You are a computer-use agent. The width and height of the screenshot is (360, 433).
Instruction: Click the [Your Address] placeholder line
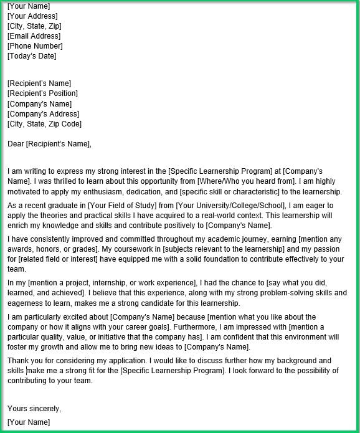coord(32,16)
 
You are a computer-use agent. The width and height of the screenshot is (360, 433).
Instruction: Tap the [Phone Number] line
coord(35,46)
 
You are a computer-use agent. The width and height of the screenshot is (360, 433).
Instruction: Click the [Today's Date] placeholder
coord(32,56)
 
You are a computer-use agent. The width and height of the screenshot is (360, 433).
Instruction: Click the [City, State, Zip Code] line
coord(44,123)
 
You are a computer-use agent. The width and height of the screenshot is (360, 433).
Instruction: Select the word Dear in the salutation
coord(16,144)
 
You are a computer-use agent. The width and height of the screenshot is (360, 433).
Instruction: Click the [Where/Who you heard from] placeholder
coord(245,181)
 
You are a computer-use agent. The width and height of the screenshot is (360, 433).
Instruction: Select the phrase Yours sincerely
coord(34,409)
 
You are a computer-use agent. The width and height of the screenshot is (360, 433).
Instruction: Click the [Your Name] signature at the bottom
coord(29,422)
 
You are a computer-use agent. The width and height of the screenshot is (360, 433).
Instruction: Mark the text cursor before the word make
coord(27,371)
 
